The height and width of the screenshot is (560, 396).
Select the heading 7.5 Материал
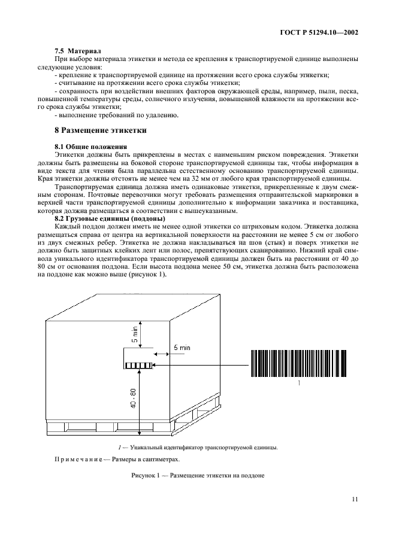(75, 51)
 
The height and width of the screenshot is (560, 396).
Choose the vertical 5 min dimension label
(135, 334)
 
